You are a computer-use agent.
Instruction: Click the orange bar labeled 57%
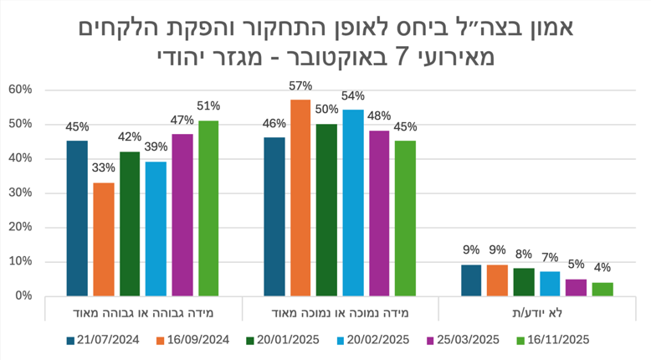[300, 198]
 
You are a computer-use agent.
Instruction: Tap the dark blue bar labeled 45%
[77, 218]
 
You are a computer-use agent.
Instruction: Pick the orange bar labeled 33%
[104, 239]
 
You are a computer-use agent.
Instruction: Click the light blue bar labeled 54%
[353, 203]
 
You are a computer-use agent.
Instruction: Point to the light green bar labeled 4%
[602, 289]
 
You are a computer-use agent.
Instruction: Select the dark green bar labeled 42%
[130, 224]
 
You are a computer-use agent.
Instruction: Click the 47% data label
[182, 121]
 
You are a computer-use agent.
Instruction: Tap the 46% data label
[274, 124]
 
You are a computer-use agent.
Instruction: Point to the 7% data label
[550, 258]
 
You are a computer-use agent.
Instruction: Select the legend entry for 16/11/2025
[553, 339]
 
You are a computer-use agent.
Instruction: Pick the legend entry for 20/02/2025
[374, 339]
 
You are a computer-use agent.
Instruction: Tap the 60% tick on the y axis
[20, 90]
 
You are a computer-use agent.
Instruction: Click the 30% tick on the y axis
[20, 193]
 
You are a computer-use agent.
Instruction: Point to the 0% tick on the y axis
[23, 296]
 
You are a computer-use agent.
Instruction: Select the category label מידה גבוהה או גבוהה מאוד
[142, 312]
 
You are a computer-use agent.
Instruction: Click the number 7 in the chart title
[403, 59]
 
